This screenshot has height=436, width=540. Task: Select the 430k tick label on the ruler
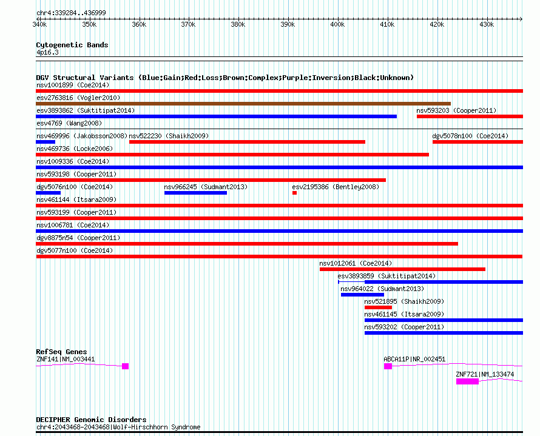(486, 24)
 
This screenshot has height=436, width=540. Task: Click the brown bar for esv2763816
(243, 104)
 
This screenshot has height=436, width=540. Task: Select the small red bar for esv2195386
(294, 193)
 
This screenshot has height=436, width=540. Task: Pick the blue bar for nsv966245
(195, 193)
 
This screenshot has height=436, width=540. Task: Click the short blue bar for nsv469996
(46, 142)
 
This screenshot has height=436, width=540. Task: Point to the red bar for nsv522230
(247, 142)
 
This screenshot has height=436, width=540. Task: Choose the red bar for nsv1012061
(402, 269)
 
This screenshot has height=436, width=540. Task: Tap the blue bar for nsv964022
(362, 295)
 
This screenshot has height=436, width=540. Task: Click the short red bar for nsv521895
(378, 307)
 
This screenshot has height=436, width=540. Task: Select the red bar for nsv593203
(470, 116)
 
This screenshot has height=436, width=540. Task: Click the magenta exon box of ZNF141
(125, 366)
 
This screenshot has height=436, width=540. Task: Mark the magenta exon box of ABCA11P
(388, 366)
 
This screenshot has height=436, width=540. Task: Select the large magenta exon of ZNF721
(467, 381)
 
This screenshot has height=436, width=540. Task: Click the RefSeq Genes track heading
(61, 352)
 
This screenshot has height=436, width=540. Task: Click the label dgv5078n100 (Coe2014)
(470, 136)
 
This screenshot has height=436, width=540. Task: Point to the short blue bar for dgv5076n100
(49, 193)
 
